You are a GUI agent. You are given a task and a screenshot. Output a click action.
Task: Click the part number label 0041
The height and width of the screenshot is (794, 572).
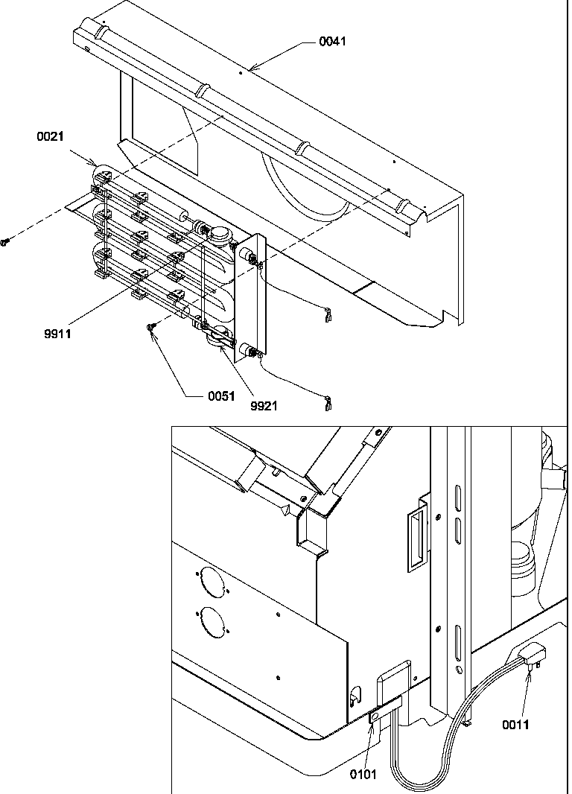[x=332, y=42]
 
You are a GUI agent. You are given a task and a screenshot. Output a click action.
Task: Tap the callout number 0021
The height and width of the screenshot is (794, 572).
[x=49, y=136]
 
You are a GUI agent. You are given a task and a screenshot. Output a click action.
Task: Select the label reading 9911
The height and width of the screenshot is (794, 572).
[x=57, y=334]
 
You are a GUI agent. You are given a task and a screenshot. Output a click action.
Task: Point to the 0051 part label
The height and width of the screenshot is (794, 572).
[x=220, y=396]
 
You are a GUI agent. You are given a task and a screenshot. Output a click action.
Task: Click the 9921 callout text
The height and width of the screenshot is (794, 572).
[x=264, y=407]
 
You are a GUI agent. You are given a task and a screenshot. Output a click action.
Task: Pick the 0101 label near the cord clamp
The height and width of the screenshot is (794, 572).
[x=363, y=774]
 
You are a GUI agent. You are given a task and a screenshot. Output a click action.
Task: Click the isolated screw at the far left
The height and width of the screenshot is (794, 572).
[x=5, y=242]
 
